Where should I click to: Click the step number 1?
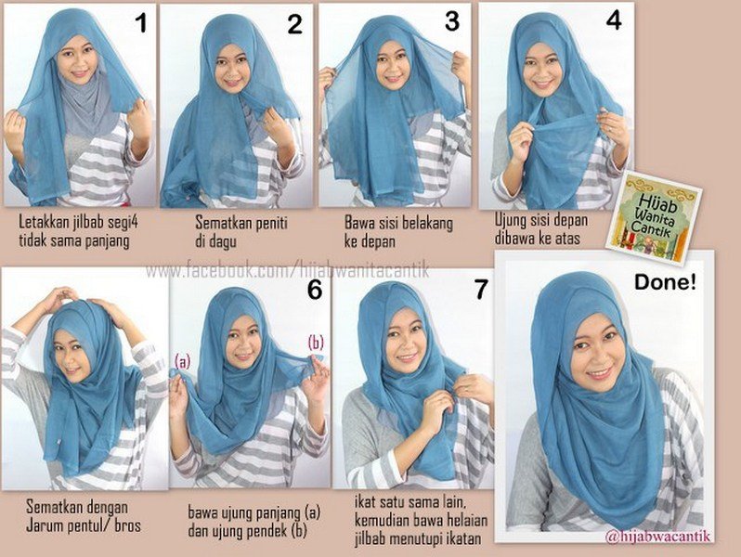point(141,24)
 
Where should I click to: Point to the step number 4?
point(613,21)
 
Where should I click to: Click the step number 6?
point(314,291)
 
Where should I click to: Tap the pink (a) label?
point(181,361)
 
